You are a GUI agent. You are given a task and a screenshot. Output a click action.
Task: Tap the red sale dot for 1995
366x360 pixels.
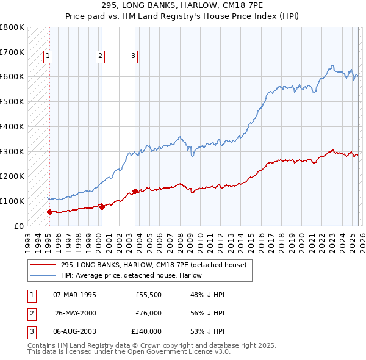(49, 212)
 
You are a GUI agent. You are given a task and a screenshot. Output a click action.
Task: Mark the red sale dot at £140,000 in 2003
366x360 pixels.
(135, 191)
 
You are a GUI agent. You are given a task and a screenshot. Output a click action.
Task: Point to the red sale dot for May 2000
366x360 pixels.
(102, 207)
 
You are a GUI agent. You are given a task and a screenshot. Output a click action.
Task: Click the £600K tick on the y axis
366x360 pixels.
(12, 77)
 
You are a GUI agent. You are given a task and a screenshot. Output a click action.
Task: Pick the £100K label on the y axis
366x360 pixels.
(12, 201)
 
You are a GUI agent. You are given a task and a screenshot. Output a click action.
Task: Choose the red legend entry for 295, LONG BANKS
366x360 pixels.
(153, 265)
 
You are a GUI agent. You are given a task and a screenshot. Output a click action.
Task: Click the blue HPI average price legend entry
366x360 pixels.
(131, 275)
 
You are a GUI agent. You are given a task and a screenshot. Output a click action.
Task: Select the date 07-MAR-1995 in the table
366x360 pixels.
(74, 295)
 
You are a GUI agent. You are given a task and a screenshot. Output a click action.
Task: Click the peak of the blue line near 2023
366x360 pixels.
(332, 65)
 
